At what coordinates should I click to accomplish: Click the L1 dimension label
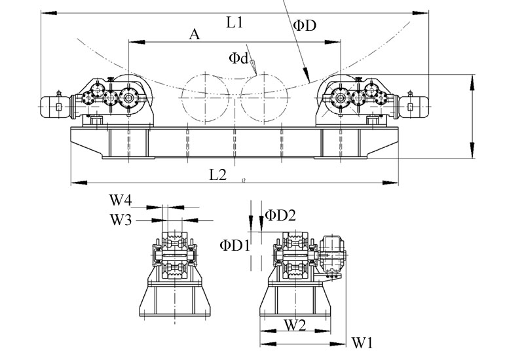tap(235, 23)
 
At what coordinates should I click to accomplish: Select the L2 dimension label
tap(218, 174)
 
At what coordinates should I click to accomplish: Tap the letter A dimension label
tap(194, 34)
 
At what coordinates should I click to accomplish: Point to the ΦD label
tap(305, 26)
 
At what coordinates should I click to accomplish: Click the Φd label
tap(238, 58)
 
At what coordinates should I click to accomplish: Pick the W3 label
tap(122, 220)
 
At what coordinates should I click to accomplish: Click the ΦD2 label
tap(281, 215)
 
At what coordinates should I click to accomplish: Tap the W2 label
tap(295, 324)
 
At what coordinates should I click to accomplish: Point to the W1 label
tap(362, 342)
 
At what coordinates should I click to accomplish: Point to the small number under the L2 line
tap(243, 180)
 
